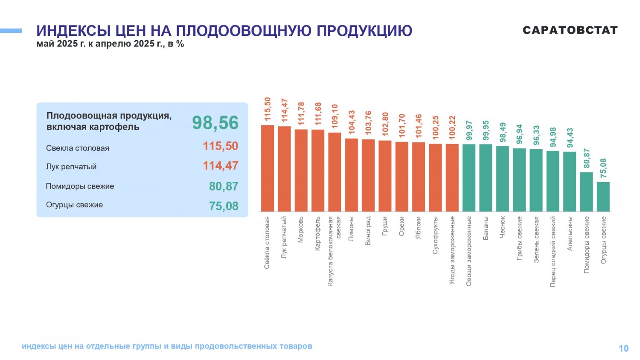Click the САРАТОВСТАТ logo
(x=570, y=30)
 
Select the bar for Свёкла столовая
(x=268, y=168)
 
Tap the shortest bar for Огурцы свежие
(x=603, y=197)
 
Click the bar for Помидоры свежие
(x=586, y=192)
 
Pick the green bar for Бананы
(x=486, y=178)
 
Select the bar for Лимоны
(x=352, y=175)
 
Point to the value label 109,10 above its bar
(x=335, y=116)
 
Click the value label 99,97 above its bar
(x=469, y=131)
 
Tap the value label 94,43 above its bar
(x=570, y=138)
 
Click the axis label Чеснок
(x=502, y=227)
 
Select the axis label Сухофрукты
(x=435, y=235)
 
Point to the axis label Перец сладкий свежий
(x=553, y=251)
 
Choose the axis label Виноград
(x=368, y=230)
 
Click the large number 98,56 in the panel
(x=215, y=122)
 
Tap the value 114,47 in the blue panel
(x=221, y=165)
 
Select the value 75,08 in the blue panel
(x=224, y=206)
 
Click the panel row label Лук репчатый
(x=71, y=167)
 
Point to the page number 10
(x=624, y=348)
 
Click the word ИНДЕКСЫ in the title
(x=74, y=31)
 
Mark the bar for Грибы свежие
(x=519, y=180)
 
